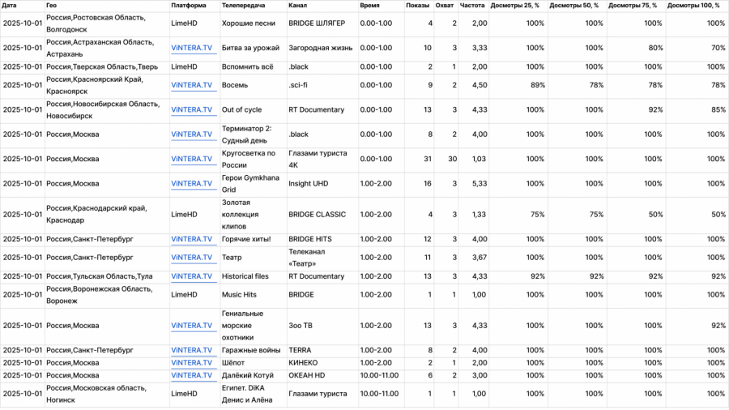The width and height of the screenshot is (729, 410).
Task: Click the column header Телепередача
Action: (x=244, y=6)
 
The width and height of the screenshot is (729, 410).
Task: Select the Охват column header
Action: (x=444, y=6)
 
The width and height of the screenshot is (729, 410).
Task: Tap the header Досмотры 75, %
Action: (x=637, y=6)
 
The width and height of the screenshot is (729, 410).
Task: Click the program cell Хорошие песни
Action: (x=249, y=23)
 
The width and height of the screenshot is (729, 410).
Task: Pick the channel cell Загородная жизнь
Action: (x=320, y=48)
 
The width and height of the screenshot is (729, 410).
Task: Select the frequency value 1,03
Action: (x=479, y=159)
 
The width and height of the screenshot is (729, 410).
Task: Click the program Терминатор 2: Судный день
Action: (x=247, y=135)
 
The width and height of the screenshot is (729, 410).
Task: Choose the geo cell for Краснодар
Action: (x=96, y=215)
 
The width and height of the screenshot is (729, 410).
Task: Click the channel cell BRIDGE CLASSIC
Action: (x=317, y=215)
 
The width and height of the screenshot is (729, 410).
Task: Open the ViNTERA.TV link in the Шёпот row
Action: (x=191, y=363)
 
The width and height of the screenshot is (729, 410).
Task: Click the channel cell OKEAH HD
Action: (x=307, y=375)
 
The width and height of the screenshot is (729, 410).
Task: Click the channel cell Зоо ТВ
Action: (x=301, y=326)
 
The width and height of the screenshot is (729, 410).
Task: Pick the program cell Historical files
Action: (x=245, y=276)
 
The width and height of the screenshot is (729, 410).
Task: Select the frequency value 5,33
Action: (x=479, y=184)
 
